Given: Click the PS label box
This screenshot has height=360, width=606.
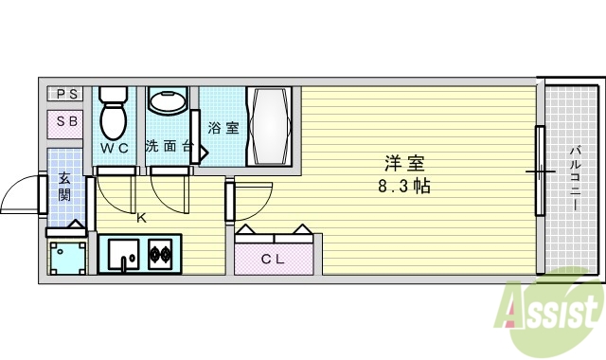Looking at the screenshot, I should [66, 94].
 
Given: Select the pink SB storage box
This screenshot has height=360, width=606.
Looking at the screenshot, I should [66, 122].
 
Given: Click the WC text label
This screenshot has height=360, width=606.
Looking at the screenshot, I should [116, 149].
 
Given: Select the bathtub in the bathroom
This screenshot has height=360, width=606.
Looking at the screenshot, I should [272, 127].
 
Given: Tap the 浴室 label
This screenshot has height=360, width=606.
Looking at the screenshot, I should [223, 128].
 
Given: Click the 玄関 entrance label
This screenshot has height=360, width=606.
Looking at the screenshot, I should [64, 187].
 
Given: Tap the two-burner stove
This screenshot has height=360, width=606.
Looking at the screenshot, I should [157, 254].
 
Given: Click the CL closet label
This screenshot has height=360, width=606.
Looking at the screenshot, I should [274, 259].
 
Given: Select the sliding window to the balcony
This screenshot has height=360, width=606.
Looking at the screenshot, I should [540, 171].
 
